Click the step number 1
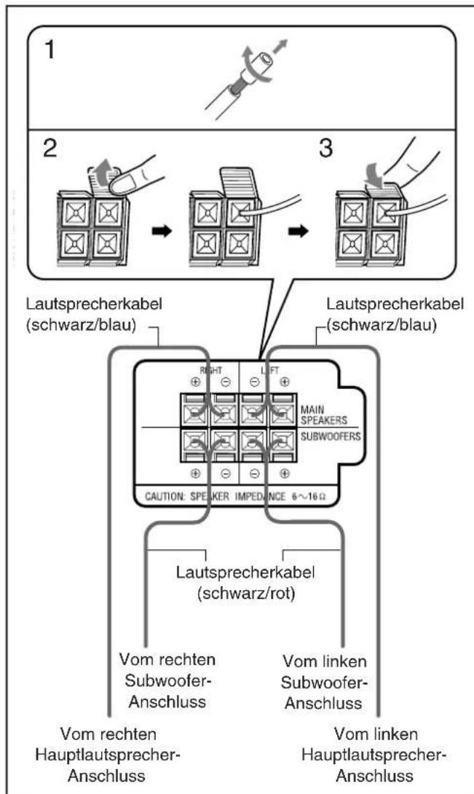(x=49, y=51)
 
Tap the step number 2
(x=49, y=149)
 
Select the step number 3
(x=325, y=148)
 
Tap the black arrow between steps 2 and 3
(x=299, y=231)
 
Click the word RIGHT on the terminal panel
(x=210, y=370)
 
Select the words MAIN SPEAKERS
(x=323, y=414)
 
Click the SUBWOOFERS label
(x=330, y=436)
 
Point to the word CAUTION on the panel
(x=165, y=496)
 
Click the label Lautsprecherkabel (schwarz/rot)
(x=245, y=582)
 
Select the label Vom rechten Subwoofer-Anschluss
(x=167, y=680)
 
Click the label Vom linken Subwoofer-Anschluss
(x=324, y=682)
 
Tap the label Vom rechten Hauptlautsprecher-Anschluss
(x=108, y=755)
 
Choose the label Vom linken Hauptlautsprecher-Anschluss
(x=375, y=755)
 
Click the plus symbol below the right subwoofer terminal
(x=195, y=473)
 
